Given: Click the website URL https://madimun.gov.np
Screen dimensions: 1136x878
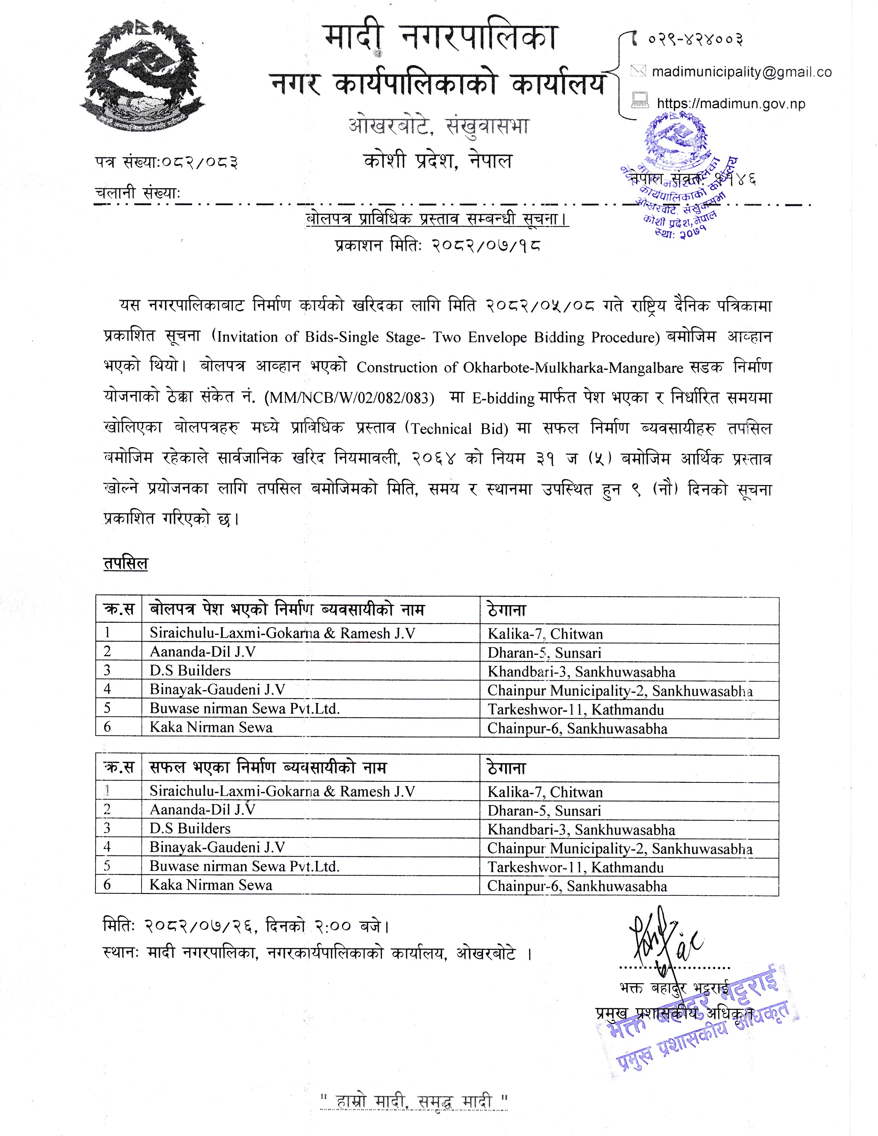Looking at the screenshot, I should point(730,104).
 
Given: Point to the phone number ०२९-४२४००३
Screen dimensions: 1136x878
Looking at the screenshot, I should point(695,39).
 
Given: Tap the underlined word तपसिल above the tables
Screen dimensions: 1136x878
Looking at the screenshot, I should point(125,563).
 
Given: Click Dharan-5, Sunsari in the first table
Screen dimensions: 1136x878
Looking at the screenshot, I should point(544,652).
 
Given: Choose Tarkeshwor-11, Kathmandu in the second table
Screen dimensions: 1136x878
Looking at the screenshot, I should point(575,867).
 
